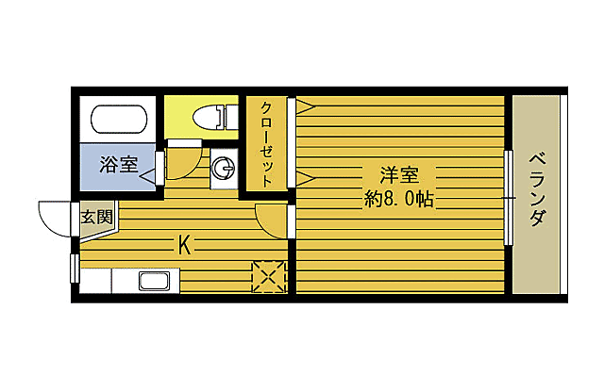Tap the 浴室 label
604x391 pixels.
click(x=119, y=164)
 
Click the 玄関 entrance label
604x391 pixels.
click(x=95, y=217)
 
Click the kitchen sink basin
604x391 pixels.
click(x=154, y=280)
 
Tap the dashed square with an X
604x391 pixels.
click(x=269, y=277)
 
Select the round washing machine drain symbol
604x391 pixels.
click(x=224, y=169)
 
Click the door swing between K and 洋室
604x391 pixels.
click(x=272, y=220)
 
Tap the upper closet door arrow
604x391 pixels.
click(x=306, y=107)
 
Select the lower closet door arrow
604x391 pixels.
click(x=306, y=176)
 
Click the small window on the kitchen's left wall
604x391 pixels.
click(x=75, y=268)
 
